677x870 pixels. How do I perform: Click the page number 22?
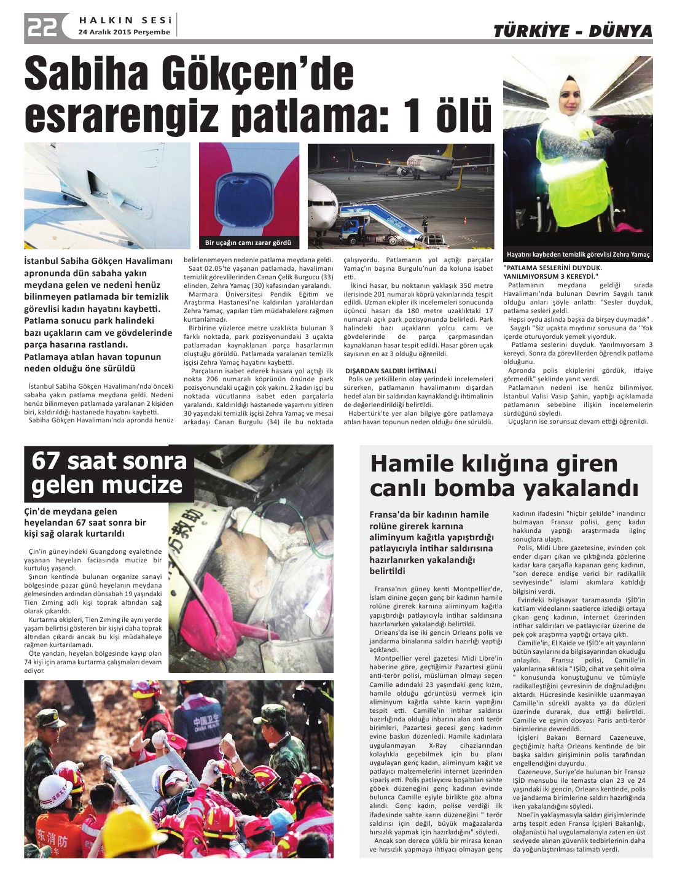(x=42, y=26)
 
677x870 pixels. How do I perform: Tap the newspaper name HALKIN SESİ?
(x=125, y=20)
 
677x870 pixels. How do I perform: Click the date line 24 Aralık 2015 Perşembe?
(x=124, y=32)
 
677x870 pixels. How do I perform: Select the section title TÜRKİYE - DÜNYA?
(x=573, y=31)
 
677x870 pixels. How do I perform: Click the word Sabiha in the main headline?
(x=87, y=74)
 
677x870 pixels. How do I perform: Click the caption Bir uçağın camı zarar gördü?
(x=248, y=243)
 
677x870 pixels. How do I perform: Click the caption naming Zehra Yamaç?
(x=577, y=254)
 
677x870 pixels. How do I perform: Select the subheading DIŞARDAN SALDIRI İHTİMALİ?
(x=391, y=371)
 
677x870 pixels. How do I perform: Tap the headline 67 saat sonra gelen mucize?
(x=109, y=473)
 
